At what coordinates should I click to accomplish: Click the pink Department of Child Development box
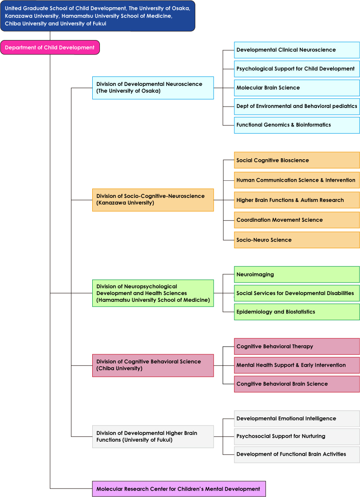50,48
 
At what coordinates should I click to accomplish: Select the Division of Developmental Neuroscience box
153,88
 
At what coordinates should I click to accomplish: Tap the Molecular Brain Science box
297,88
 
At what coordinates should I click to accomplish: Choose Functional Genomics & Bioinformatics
297,125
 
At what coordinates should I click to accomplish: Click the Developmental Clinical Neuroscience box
297,50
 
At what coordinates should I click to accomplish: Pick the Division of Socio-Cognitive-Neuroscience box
153,200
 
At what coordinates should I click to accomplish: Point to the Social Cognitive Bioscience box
297,160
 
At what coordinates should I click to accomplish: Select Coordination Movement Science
297,220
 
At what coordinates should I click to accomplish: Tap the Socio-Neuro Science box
297,240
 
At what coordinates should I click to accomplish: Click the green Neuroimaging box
297,274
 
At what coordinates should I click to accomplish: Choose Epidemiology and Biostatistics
297,312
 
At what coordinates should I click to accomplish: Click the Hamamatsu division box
153,293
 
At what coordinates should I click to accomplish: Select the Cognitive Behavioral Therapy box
297,346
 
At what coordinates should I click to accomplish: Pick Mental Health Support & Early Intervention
297,365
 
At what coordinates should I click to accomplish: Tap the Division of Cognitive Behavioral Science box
153,366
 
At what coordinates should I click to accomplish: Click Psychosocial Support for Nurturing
297,436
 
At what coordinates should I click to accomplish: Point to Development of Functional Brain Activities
297,455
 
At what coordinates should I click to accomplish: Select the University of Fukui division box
153,436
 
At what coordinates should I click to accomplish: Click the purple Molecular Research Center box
179,489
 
